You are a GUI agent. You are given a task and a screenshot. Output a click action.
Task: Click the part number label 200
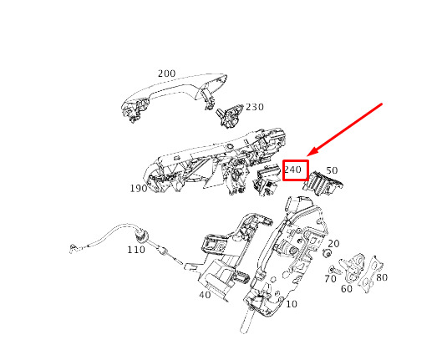click(x=166, y=74)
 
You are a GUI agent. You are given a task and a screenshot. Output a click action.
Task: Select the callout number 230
click(x=255, y=107)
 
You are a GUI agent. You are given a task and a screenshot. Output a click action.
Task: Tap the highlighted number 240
click(x=292, y=170)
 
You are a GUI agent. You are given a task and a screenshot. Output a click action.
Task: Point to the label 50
click(x=332, y=170)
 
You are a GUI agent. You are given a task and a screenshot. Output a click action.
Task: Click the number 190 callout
click(x=139, y=188)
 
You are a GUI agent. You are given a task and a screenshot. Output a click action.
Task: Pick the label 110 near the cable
click(x=136, y=250)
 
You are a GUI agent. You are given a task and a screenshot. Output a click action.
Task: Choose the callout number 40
click(x=205, y=295)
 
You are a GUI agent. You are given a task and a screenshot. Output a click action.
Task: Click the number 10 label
click(x=291, y=304)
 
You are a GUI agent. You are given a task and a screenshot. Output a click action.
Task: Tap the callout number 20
click(x=333, y=243)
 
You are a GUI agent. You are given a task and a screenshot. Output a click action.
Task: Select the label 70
click(x=330, y=278)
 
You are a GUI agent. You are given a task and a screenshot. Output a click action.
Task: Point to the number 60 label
click(x=347, y=289)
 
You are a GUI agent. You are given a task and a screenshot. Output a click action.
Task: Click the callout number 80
click(x=382, y=277)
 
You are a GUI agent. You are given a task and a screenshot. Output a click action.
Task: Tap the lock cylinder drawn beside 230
click(x=229, y=115)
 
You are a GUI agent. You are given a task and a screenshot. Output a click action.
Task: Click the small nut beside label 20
click(x=327, y=253)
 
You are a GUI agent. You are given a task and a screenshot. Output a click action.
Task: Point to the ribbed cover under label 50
click(x=323, y=183)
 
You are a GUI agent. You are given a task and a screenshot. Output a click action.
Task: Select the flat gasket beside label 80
click(x=370, y=274)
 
